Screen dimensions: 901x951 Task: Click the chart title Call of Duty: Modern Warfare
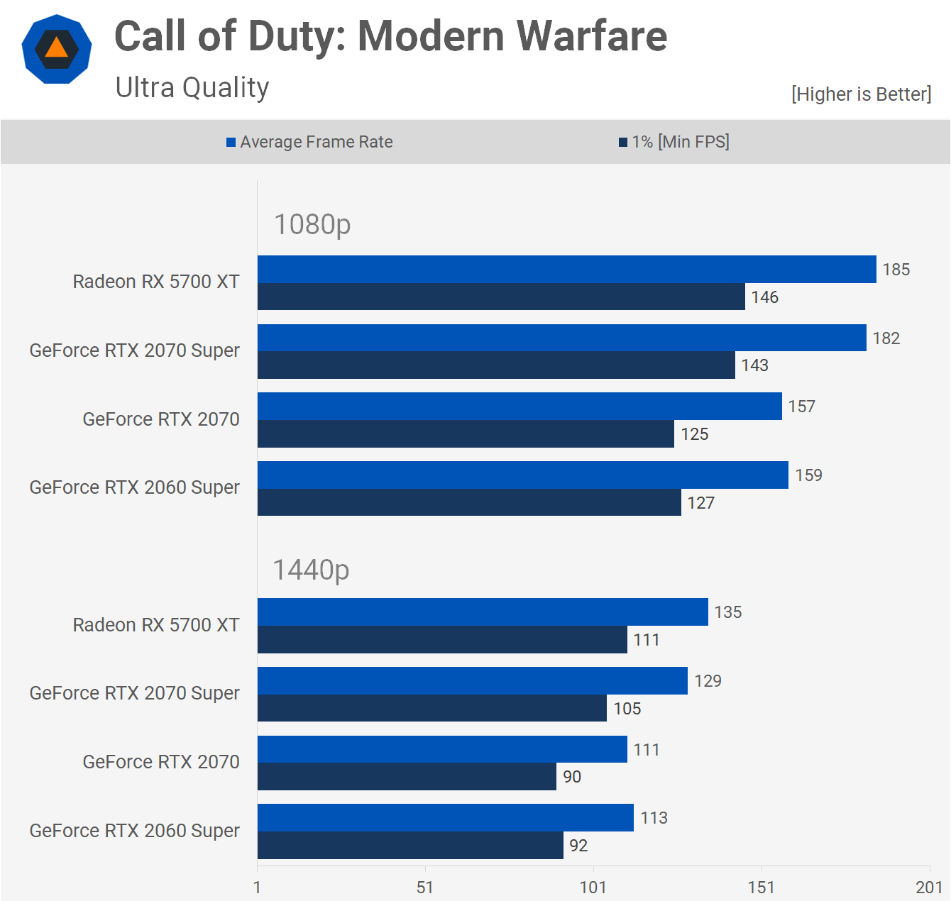390,37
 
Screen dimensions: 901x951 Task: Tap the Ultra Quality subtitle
192,88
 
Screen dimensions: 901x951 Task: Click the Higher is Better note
861,94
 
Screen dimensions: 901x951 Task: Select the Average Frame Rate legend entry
309,142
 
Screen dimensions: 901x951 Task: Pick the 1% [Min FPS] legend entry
674,142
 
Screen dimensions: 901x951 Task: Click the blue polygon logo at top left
57,49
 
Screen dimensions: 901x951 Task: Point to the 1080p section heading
312,224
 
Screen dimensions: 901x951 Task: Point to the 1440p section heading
311,570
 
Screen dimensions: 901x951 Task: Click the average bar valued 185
566,270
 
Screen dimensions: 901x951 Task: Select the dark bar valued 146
501,297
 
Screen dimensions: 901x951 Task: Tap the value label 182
886,338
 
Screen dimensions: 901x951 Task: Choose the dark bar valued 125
466,434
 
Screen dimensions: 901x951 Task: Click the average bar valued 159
522,475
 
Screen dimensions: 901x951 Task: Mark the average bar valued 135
483,612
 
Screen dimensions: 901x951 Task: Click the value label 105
627,709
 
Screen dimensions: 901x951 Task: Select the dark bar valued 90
407,777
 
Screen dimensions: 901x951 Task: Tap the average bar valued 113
445,818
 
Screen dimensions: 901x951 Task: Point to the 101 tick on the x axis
593,887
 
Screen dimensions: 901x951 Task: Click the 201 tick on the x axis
929,887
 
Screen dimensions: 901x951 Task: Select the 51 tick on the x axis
425,887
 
